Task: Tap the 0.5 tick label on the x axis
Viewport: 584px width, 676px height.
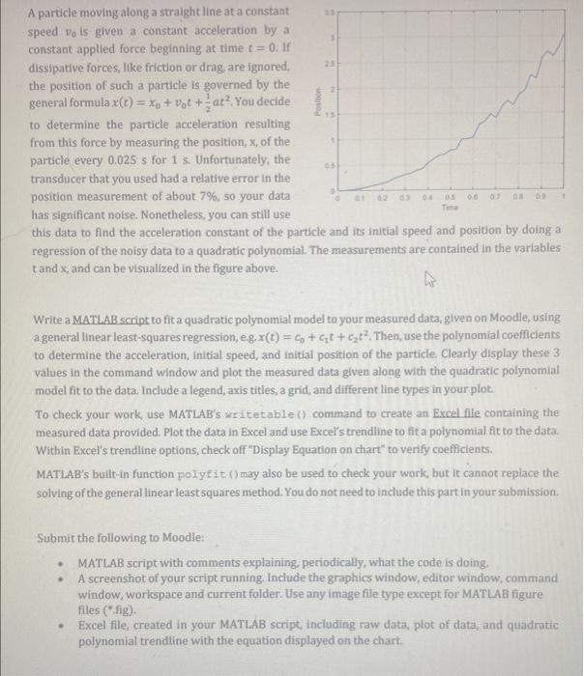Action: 449,197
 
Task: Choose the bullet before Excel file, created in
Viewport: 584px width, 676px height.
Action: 61,625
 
